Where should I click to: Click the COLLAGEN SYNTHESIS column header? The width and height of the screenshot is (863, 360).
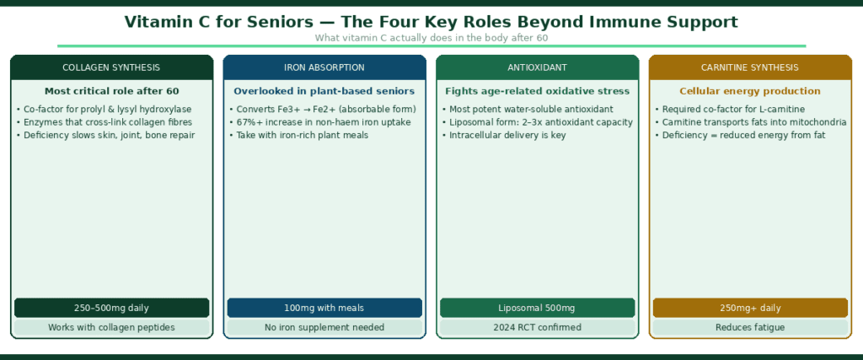point(111,67)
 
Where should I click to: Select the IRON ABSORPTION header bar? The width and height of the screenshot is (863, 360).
point(324,67)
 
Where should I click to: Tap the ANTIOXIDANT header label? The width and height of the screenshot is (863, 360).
point(537,67)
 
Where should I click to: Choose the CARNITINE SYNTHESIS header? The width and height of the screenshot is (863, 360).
point(750,67)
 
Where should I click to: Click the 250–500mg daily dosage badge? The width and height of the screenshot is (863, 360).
point(111,308)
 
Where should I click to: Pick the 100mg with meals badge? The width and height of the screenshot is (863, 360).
point(324,308)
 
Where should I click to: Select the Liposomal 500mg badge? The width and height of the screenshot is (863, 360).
point(537,308)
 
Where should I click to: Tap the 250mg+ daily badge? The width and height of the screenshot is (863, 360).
point(750,308)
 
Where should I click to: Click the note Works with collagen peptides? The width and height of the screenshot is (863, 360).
point(111,327)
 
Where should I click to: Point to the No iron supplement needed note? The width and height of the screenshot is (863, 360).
point(324,327)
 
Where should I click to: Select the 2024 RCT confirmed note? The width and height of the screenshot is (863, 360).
point(537,327)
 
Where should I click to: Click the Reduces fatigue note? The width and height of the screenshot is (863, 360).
point(750,327)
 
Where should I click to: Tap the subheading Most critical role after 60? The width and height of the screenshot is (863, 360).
point(111,91)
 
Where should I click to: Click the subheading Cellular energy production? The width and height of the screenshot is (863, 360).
point(750,91)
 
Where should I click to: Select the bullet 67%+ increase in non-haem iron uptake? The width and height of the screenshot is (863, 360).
point(319,122)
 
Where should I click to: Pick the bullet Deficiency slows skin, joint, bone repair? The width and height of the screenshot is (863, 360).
point(105,135)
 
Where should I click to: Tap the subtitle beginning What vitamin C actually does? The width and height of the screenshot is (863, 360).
point(431,37)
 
